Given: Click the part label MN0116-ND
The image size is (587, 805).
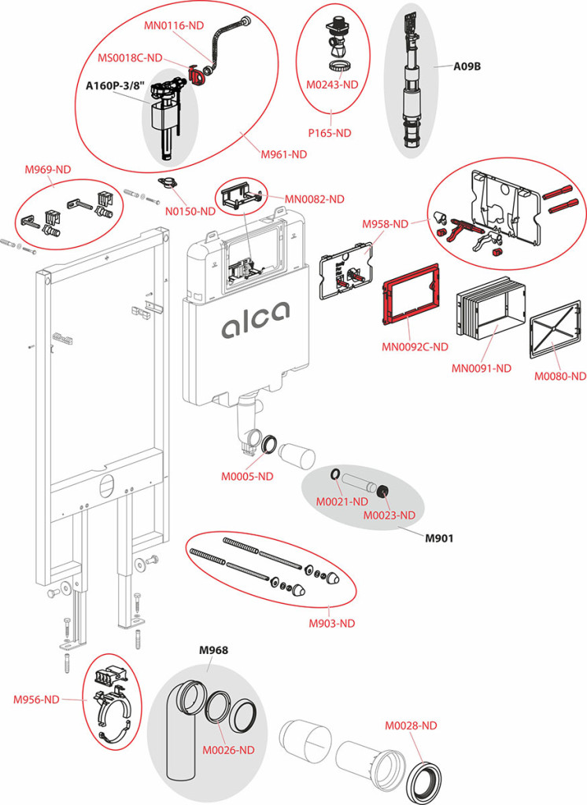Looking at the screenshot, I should pyautogui.click(x=173, y=25).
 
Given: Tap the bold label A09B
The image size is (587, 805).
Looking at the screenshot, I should pyautogui.click(x=467, y=67).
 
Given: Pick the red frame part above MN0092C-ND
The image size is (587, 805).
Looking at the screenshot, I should pyautogui.click(x=411, y=307).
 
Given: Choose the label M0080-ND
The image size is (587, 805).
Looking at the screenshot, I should pyautogui.click(x=560, y=376).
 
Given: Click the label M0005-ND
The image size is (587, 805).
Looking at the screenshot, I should pyautogui.click(x=247, y=476).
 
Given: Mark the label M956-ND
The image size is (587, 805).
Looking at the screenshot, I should pyautogui.click(x=36, y=699).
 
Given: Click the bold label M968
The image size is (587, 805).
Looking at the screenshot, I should pyautogui.click(x=213, y=649).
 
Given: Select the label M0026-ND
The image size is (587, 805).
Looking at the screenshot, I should pyautogui.click(x=228, y=750).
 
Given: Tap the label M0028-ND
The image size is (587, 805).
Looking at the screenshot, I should pyautogui.click(x=410, y=726).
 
